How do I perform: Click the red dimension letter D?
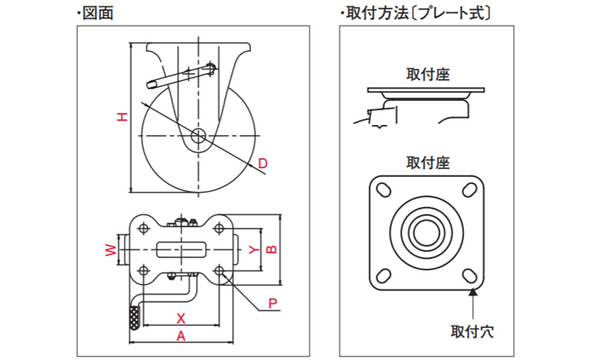click(262, 164)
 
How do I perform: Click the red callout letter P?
click(272, 303)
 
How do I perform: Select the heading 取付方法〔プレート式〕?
click(415, 13)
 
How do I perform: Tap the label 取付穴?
click(472, 330)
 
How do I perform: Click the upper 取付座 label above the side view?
click(428, 74)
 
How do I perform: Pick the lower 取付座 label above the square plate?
click(428, 162)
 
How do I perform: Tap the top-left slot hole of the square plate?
click(382, 191)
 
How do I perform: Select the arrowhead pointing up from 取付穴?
click(473, 293)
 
